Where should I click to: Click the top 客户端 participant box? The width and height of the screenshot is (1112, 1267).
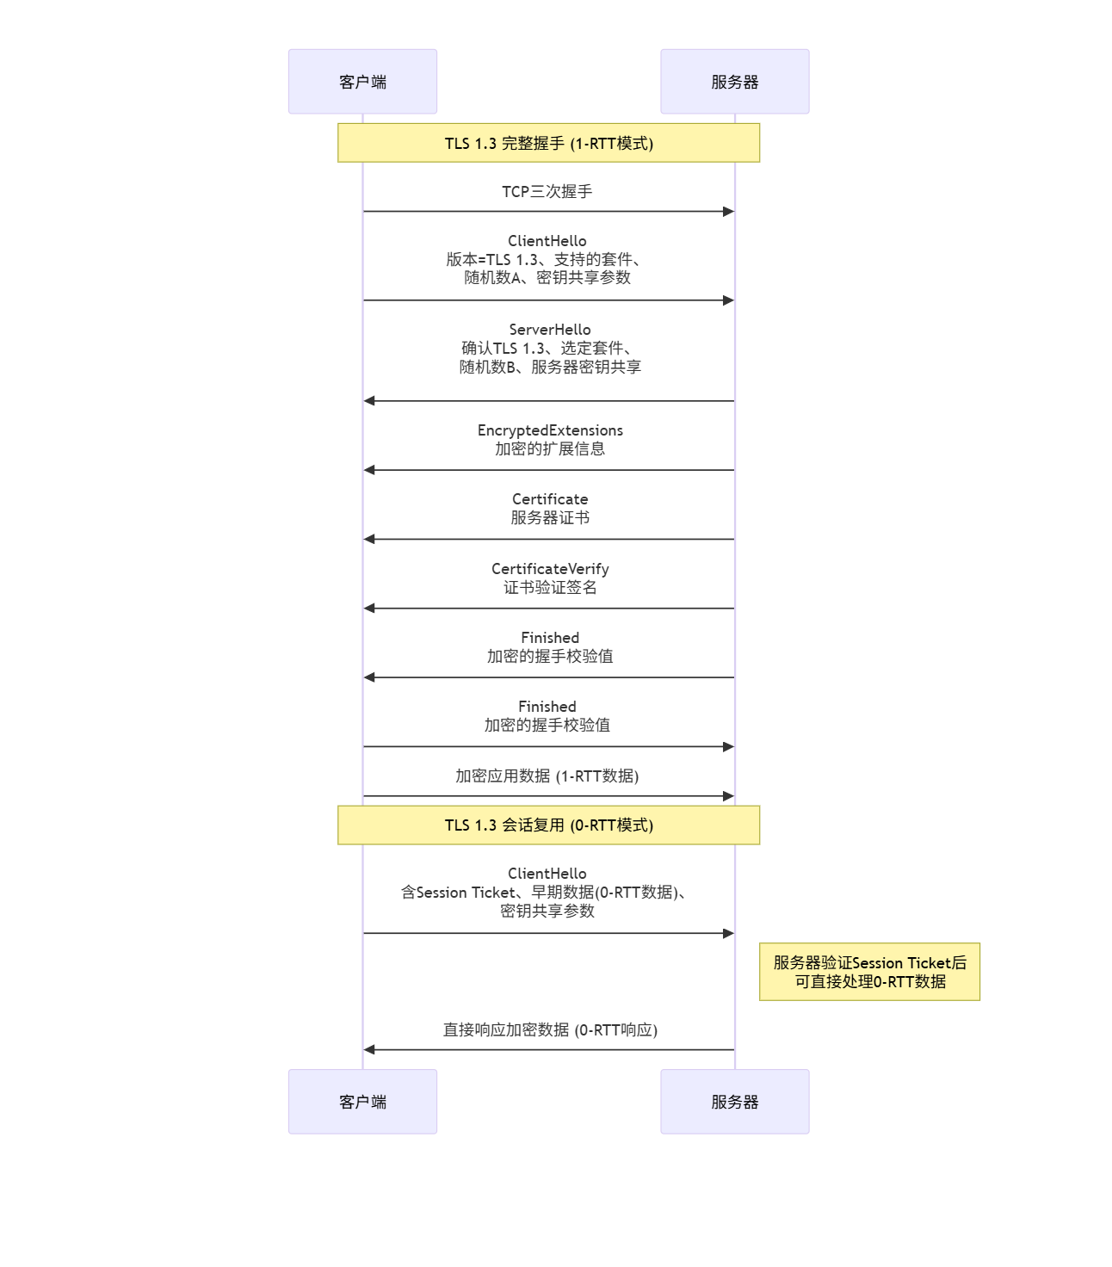(x=362, y=82)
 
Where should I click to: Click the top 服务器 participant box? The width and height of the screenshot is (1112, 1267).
(x=734, y=82)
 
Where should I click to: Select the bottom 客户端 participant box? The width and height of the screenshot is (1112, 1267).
(x=362, y=1102)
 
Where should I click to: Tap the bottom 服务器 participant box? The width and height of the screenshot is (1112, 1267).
(x=734, y=1102)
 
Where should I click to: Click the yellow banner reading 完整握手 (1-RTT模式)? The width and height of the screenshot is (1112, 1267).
(x=548, y=143)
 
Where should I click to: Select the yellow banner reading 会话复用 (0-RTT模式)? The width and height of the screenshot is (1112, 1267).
(x=548, y=825)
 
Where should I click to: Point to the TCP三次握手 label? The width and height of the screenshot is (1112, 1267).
(x=547, y=191)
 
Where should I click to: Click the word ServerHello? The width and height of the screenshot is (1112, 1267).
(x=550, y=330)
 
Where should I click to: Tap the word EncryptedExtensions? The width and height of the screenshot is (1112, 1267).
(x=550, y=430)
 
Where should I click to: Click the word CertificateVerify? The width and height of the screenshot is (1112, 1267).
(x=550, y=569)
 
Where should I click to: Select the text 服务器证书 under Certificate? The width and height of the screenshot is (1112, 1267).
(x=550, y=518)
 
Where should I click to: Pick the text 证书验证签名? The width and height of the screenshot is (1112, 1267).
(x=550, y=588)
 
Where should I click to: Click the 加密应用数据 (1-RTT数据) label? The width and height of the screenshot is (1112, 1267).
(x=547, y=776)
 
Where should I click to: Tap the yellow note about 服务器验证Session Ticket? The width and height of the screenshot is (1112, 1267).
(x=869, y=972)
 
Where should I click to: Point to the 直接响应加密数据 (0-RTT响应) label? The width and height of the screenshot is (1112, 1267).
(x=550, y=1030)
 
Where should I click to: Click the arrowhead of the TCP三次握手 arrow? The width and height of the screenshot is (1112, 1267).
(x=728, y=212)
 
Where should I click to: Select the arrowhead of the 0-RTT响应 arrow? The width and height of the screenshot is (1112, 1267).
(x=370, y=1050)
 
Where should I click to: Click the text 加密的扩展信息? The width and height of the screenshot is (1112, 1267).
(x=550, y=449)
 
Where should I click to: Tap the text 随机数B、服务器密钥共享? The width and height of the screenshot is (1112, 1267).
(x=550, y=368)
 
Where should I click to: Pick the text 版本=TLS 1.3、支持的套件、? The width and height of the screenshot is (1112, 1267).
(x=544, y=259)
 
